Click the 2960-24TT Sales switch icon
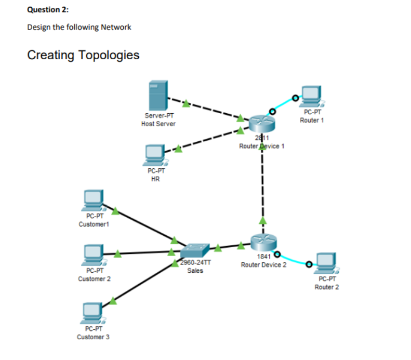[x=196, y=251]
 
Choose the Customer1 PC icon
[x=94, y=200]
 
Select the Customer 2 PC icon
[x=94, y=255]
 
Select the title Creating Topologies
[x=83, y=55]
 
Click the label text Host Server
[x=158, y=124]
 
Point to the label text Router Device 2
[x=263, y=265]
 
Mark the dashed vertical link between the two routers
[x=262, y=187]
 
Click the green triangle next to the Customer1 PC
[x=116, y=211]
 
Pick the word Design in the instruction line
[x=38, y=27]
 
